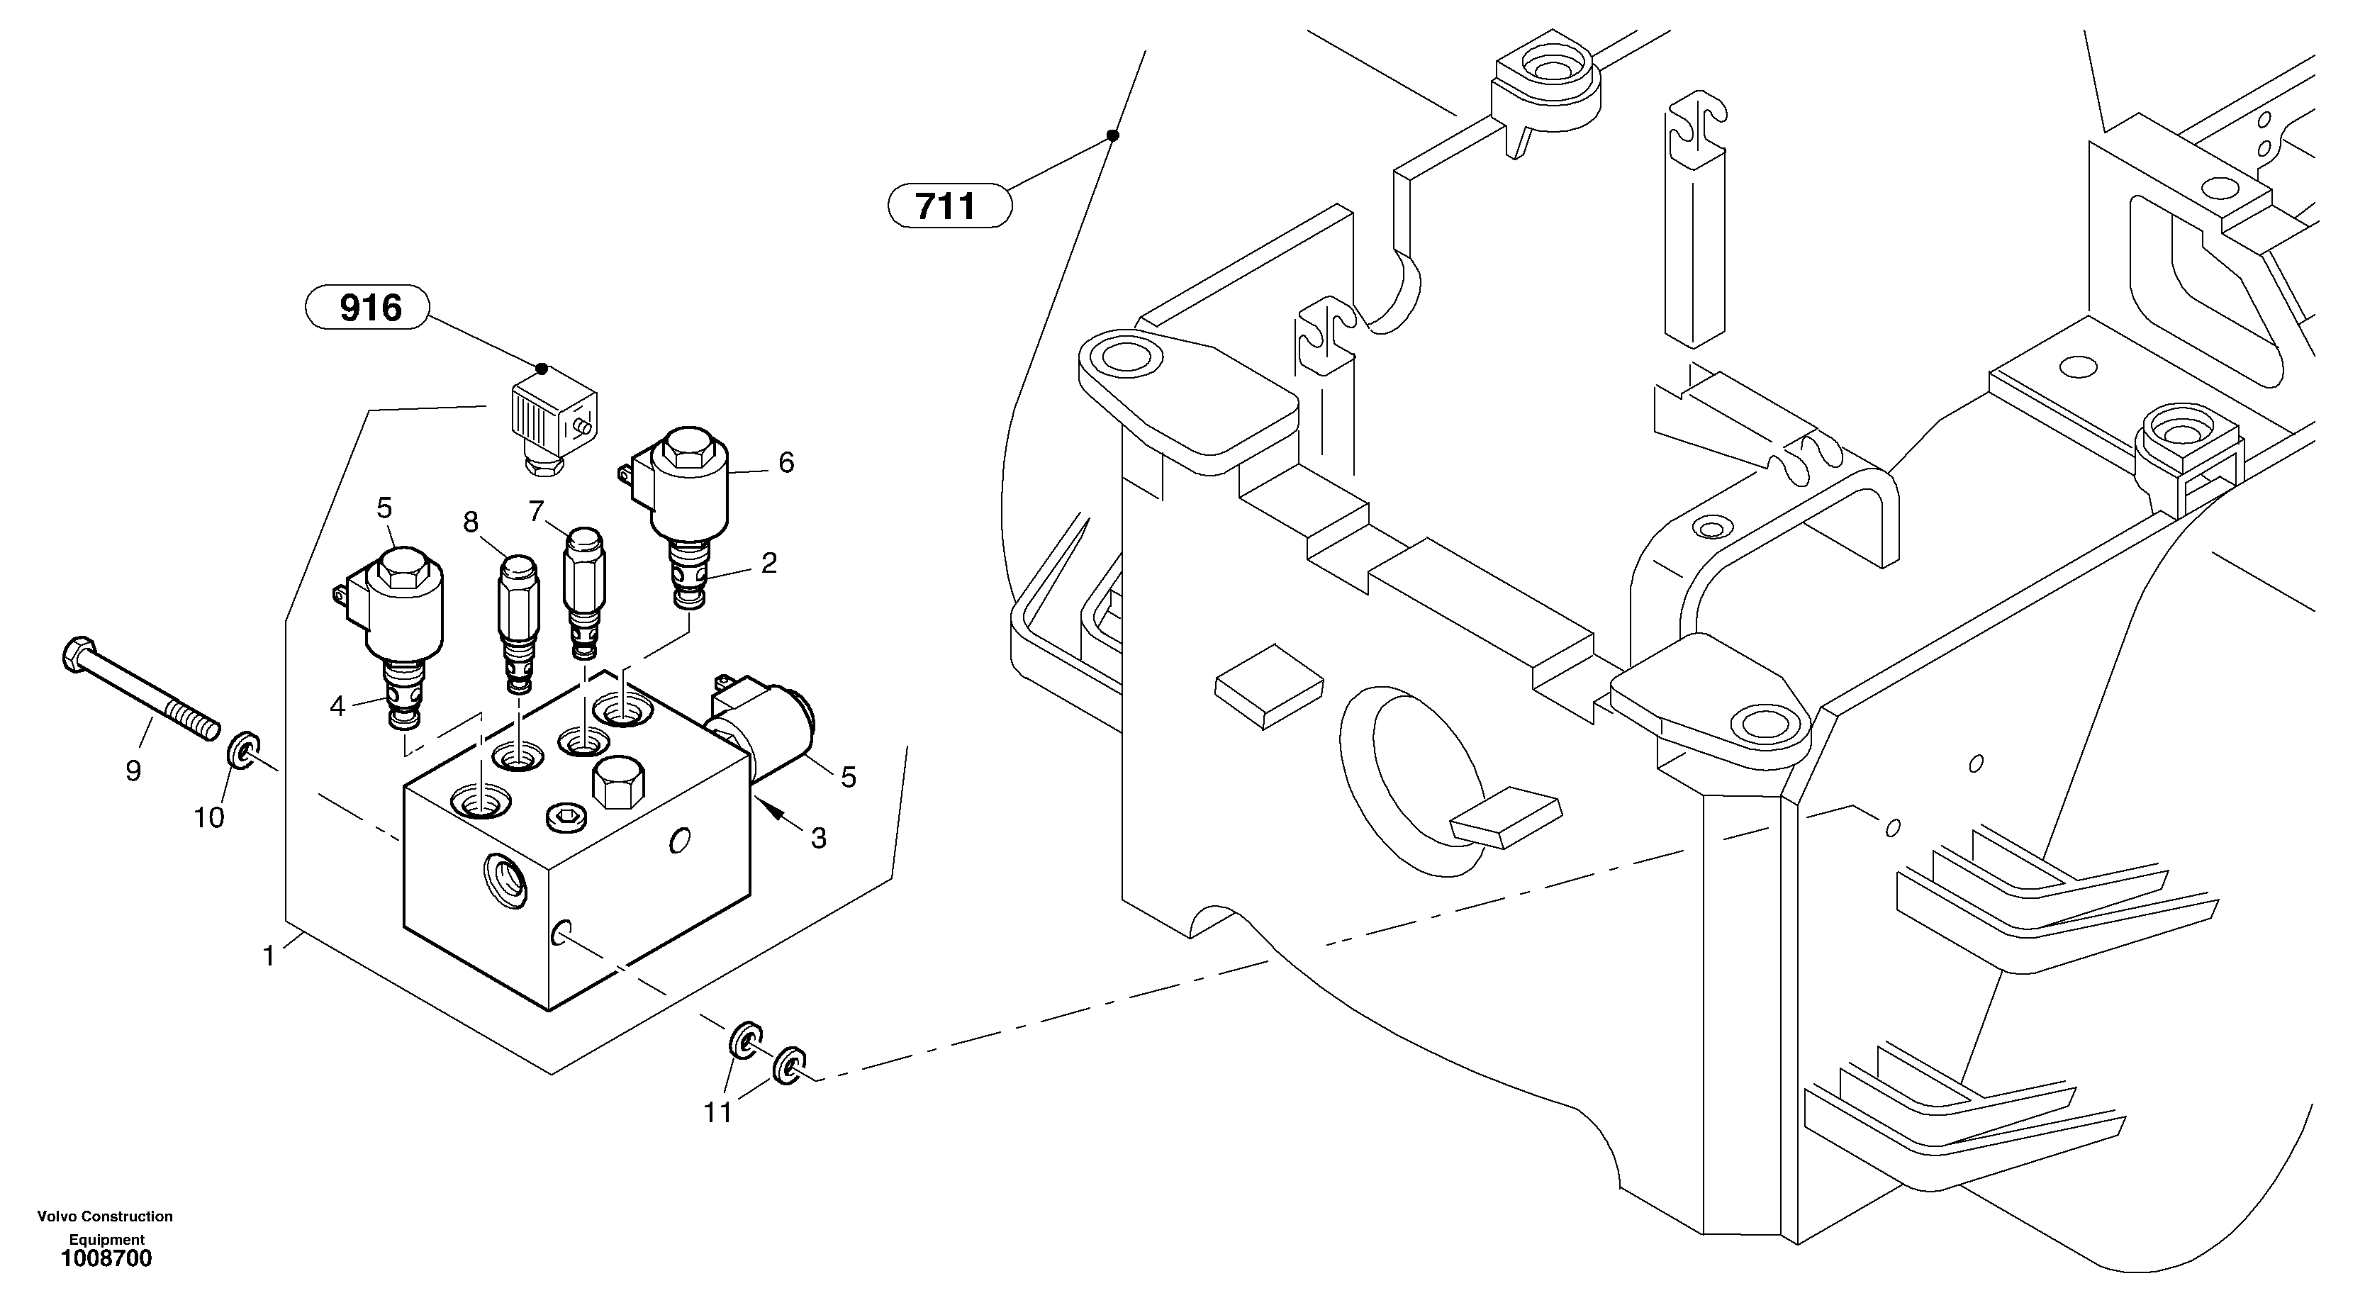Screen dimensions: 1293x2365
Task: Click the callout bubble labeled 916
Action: tap(367, 308)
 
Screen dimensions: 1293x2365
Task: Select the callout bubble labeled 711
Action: tap(949, 206)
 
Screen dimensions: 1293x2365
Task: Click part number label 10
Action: tap(208, 817)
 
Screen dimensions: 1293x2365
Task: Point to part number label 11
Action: tap(718, 1112)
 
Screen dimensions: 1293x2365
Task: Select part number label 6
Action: tap(786, 463)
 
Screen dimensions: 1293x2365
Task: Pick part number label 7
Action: tap(536, 510)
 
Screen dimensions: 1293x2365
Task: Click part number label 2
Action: tap(769, 563)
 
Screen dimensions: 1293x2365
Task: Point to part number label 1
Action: tap(268, 957)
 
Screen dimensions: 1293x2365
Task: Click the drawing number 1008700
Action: tap(106, 1259)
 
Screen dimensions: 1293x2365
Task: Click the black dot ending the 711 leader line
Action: tap(1112, 136)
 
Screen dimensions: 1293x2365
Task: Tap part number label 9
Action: tap(133, 771)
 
